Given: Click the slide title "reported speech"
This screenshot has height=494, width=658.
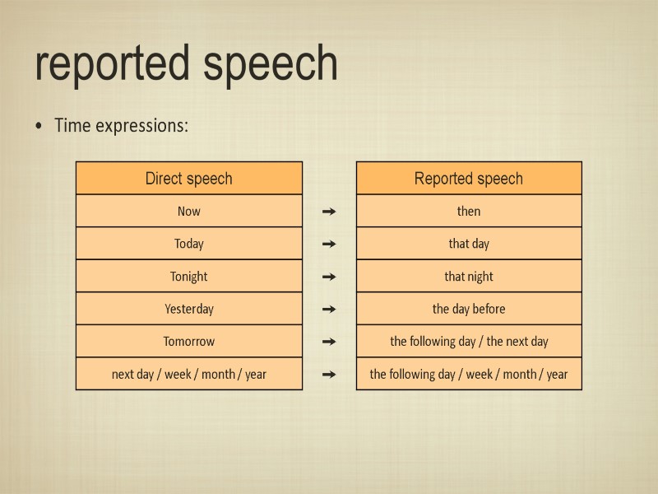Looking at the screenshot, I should (x=187, y=63).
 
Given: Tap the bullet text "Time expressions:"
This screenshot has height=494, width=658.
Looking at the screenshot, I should (x=121, y=126).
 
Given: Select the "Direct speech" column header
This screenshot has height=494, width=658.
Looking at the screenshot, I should (x=188, y=178).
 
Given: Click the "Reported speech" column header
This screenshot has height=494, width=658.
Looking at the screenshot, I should (x=468, y=178).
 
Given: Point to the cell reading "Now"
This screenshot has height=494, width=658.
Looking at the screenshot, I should (x=188, y=212).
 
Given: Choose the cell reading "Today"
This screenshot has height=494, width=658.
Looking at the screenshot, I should (x=188, y=244).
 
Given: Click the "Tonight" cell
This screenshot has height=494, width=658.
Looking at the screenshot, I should (x=188, y=277).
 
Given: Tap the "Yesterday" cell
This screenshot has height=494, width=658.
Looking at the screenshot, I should (x=188, y=309).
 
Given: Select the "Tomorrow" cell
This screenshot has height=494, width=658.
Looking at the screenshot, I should (x=188, y=341).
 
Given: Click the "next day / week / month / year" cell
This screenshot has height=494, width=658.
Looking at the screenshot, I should (x=188, y=374).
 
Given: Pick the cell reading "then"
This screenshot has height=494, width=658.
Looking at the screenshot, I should (x=468, y=212).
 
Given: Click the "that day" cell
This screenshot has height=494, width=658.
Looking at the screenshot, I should (x=468, y=244).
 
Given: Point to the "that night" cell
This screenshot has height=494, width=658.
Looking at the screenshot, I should (x=468, y=277).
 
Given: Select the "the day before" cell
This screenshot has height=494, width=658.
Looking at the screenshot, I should (x=468, y=309).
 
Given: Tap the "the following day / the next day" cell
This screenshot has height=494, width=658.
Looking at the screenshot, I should (x=468, y=341).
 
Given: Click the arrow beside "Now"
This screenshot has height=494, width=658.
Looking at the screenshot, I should (x=329, y=212).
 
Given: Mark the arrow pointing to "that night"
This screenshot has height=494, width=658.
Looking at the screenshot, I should (x=329, y=277).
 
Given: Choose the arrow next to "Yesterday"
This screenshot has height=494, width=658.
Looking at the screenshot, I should (x=329, y=309).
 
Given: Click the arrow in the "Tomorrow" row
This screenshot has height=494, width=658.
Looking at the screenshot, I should (x=329, y=341).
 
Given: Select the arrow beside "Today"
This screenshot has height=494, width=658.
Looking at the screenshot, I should (x=329, y=244).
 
